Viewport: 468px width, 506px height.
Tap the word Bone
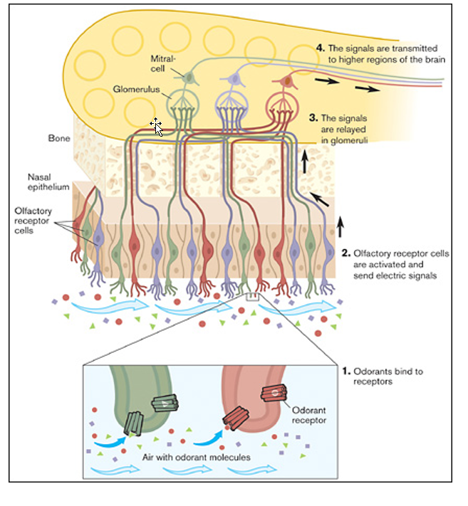[x=58, y=139]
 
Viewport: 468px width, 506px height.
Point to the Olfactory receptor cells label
[x=32, y=220]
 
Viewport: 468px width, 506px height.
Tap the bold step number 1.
[x=346, y=371]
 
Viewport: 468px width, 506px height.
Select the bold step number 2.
[x=346, y=252]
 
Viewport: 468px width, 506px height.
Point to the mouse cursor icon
[x=157, y=127]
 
